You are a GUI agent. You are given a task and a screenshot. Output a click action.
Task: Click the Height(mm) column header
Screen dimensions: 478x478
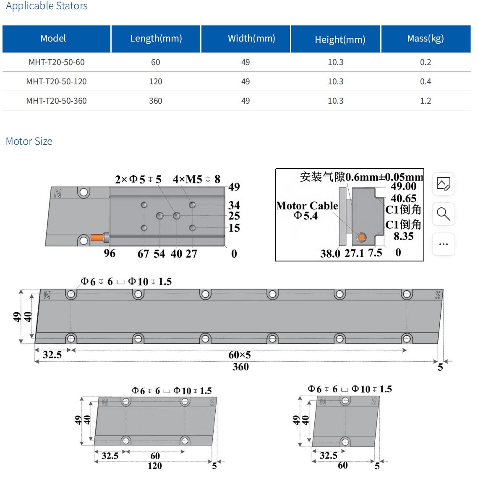tap(340, 39)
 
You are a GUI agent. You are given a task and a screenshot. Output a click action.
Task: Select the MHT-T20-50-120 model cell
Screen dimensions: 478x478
tap(56, 81)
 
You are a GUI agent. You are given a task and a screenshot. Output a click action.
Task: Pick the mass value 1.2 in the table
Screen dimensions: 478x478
tap(426, 101)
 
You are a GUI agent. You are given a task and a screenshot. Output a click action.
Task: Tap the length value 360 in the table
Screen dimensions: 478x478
tap(155, 101)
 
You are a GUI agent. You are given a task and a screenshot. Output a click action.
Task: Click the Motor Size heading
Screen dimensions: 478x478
tap(29, 141)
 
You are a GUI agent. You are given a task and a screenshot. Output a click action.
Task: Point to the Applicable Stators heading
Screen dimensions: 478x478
tap(47, 6)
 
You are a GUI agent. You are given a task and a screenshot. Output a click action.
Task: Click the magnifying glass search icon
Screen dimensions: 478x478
tap(444, 214)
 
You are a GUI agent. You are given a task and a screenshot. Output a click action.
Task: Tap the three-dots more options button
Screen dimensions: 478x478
tap(444, 244)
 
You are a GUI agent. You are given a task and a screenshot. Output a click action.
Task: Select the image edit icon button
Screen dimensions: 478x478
tap(444, 184)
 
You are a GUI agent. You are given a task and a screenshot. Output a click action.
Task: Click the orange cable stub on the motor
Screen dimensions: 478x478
tap(97, 237)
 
